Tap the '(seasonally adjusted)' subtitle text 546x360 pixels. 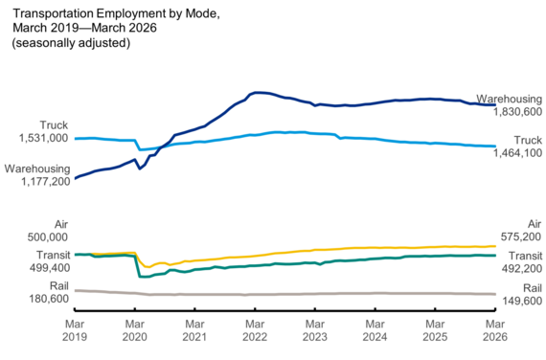70,43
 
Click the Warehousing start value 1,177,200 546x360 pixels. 37,181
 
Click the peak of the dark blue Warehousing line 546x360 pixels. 257,92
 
